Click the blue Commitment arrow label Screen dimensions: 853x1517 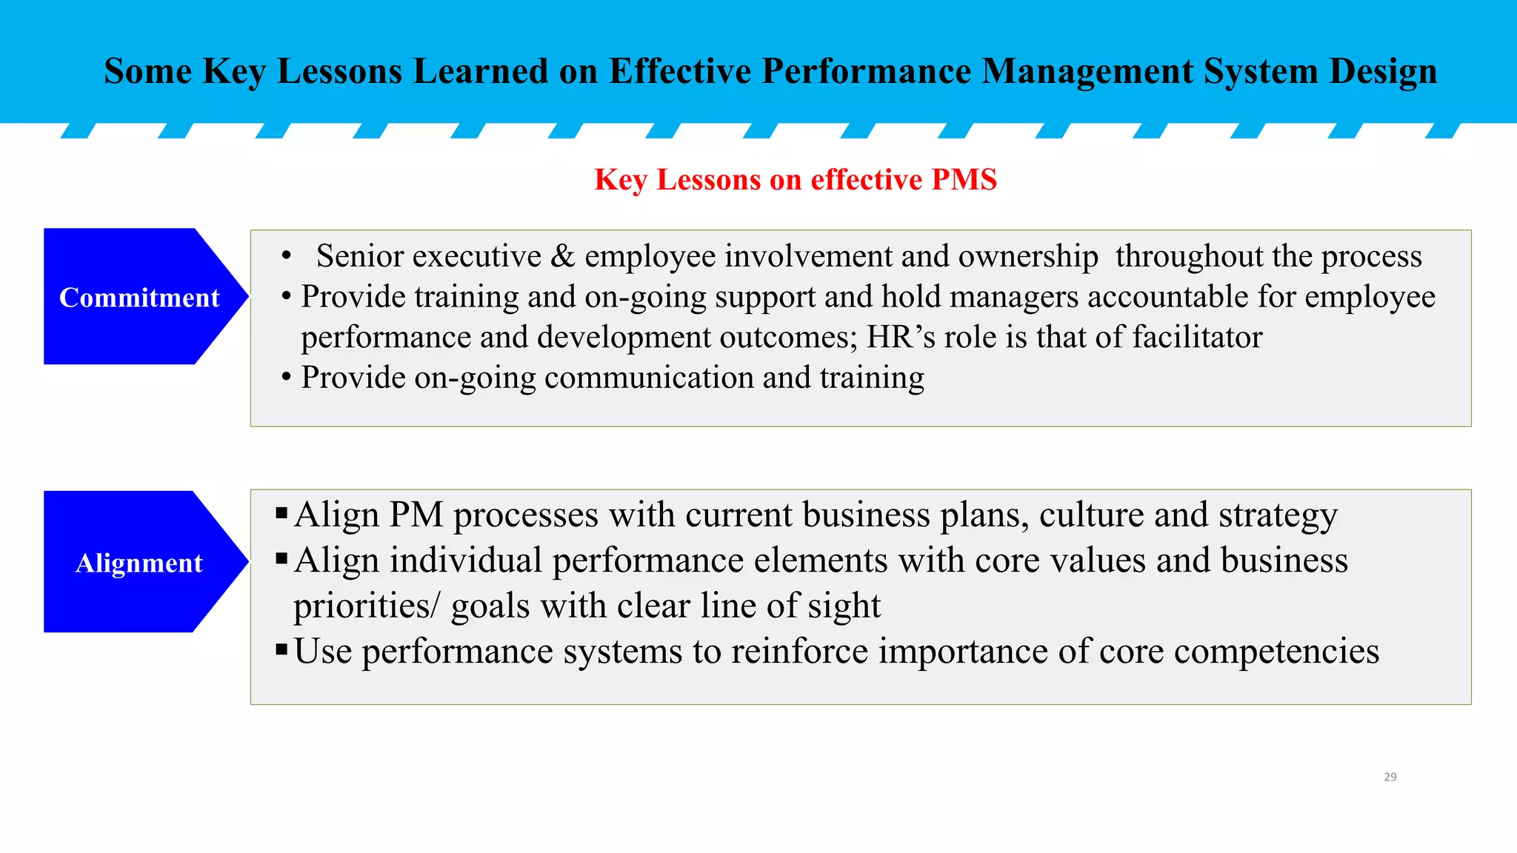(139, 297)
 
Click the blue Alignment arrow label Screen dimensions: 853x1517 (139, 563)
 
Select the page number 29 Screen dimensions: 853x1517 (1390, 777)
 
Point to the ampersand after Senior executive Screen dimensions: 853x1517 (563, 256)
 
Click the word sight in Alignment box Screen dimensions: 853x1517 (844, 606)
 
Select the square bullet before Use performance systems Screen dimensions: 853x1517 (281, 650)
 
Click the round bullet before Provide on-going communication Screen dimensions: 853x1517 (286, 377)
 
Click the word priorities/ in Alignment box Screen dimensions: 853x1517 (366, 606)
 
